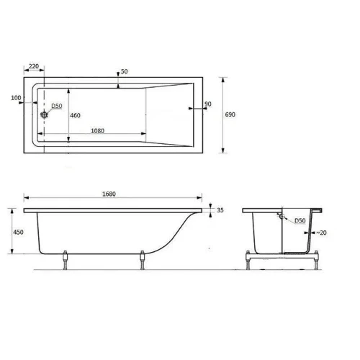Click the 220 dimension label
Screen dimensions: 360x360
pyautogui.click(x=34, y=66)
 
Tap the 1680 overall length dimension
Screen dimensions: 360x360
pyautogui.click(x=109, y=194)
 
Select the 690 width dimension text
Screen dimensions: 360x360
pyautogui.click(x=230, y=114)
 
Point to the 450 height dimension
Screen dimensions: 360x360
pyautogui.click(x=18, y=232)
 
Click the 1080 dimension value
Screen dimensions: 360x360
pyautogui.click(x=98, y=131)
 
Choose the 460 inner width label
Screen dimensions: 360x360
pyautogui.click(x=75, y=115)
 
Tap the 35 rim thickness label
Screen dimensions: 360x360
pyautogui.click(x=220, y=210)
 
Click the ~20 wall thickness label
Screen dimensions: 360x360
pyautogui.click(x=321, y=233)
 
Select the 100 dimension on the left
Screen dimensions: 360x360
pyautogui.click(x=16, y=98)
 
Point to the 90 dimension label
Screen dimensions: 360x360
pyautogui.click(x=208, y=104)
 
